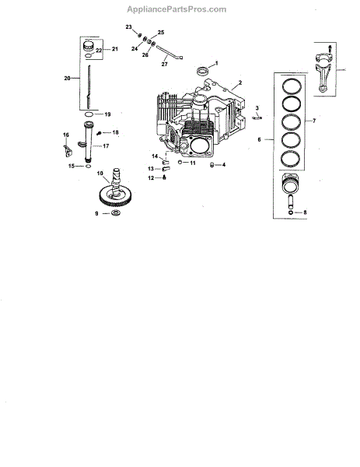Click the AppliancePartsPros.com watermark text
(x=177, y=9)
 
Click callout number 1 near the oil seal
(x=217, y=63)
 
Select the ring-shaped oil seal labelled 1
(x=203, y=71)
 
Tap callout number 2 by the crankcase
(x=240, y=83)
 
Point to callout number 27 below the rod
(x=165, y=64)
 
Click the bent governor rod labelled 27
(x=170, y=52)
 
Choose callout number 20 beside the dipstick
(x=67, y=78)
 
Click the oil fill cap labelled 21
(x=88, y=46)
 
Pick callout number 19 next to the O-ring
(x=108, y=114)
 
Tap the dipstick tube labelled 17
(x=88, y=142)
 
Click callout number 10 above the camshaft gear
(x=100, y=174)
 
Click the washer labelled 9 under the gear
(x=115, y=213)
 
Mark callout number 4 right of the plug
(x=224, y=165)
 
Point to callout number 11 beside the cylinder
(x=193, y=163)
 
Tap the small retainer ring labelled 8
(x=291, y=212)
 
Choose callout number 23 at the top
(x=128, y=27)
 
